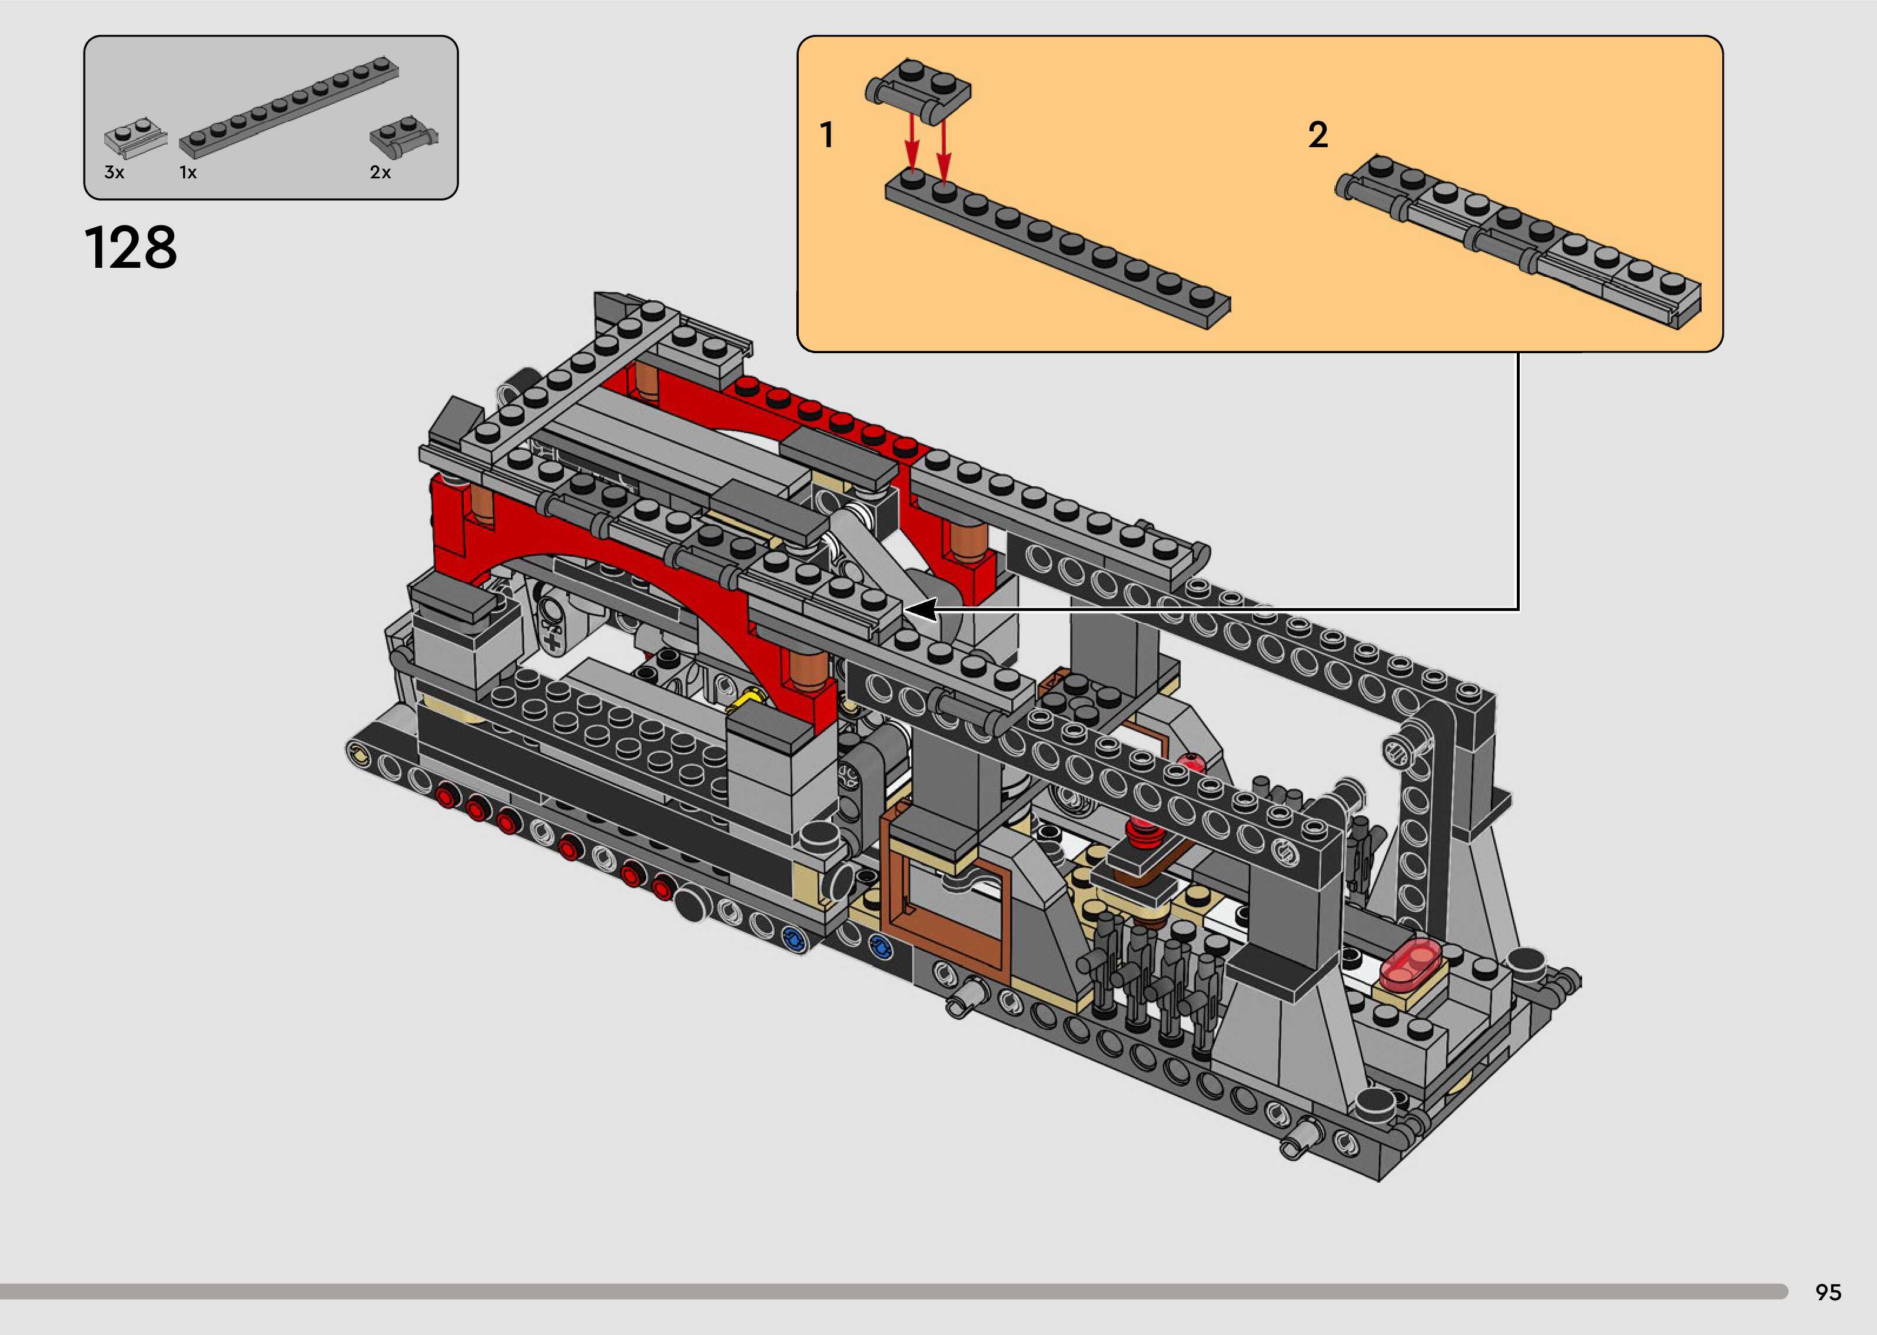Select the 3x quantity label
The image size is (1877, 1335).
coord(114,172)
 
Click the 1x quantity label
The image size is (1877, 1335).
coord(188,172)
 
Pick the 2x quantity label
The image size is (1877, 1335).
coord(380,172)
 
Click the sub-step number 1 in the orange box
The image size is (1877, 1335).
coord(827,135)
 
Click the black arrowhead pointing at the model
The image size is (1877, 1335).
coord(921,609)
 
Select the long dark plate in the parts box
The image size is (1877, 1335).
coord(289,107)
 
